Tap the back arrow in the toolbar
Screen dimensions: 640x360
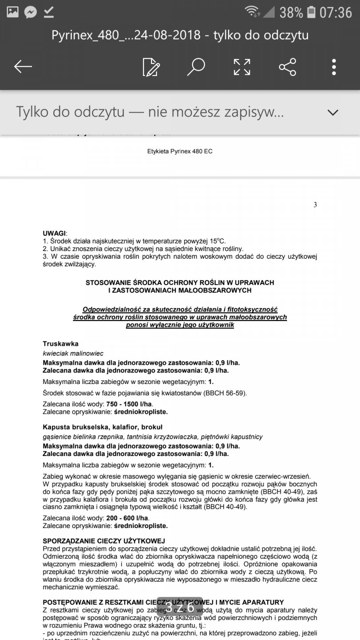23,67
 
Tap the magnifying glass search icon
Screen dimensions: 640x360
196,67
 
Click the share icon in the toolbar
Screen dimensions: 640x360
288,67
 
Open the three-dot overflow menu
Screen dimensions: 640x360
334,67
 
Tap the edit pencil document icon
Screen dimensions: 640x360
151,67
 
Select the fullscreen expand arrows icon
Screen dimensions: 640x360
242,67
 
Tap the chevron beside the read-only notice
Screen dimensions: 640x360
333,112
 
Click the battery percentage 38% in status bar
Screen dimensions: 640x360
291,12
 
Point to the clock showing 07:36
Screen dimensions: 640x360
336,12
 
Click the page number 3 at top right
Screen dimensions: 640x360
315,205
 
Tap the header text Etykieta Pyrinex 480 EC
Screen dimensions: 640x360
180,152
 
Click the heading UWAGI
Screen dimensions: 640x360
54,233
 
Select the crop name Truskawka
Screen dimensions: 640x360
60,344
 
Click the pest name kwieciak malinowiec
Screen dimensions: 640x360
73,353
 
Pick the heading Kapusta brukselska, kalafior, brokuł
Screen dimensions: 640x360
103,427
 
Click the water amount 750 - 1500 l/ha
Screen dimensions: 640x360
129,404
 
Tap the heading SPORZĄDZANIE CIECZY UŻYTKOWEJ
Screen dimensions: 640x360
104,541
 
